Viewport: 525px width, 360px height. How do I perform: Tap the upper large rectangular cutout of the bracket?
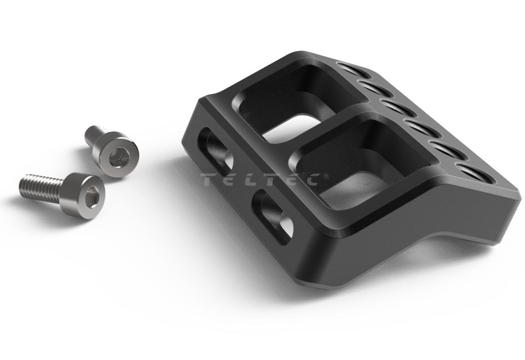(295, 103)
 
